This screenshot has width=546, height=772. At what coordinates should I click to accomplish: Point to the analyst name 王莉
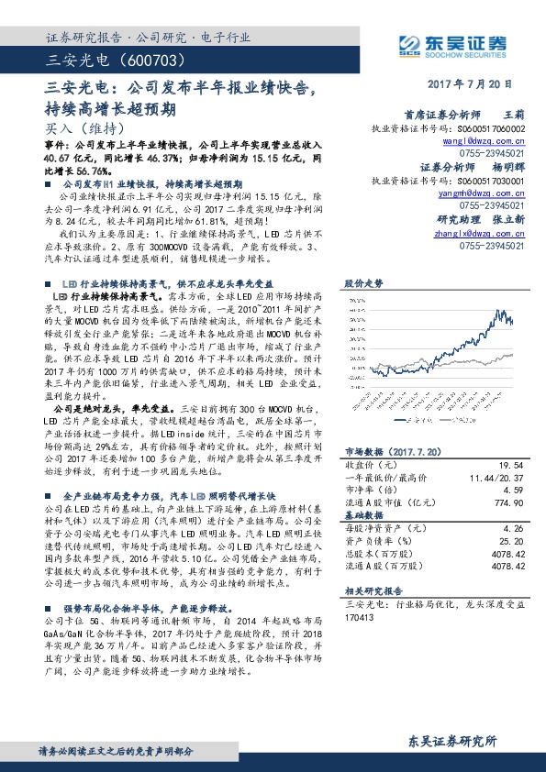514,116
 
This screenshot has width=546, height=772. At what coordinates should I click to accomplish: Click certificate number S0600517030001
485,182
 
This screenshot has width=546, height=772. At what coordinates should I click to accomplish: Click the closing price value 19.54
511,466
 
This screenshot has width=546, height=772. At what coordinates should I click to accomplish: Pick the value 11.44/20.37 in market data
496,479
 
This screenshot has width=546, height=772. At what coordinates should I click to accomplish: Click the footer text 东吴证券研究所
452,741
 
